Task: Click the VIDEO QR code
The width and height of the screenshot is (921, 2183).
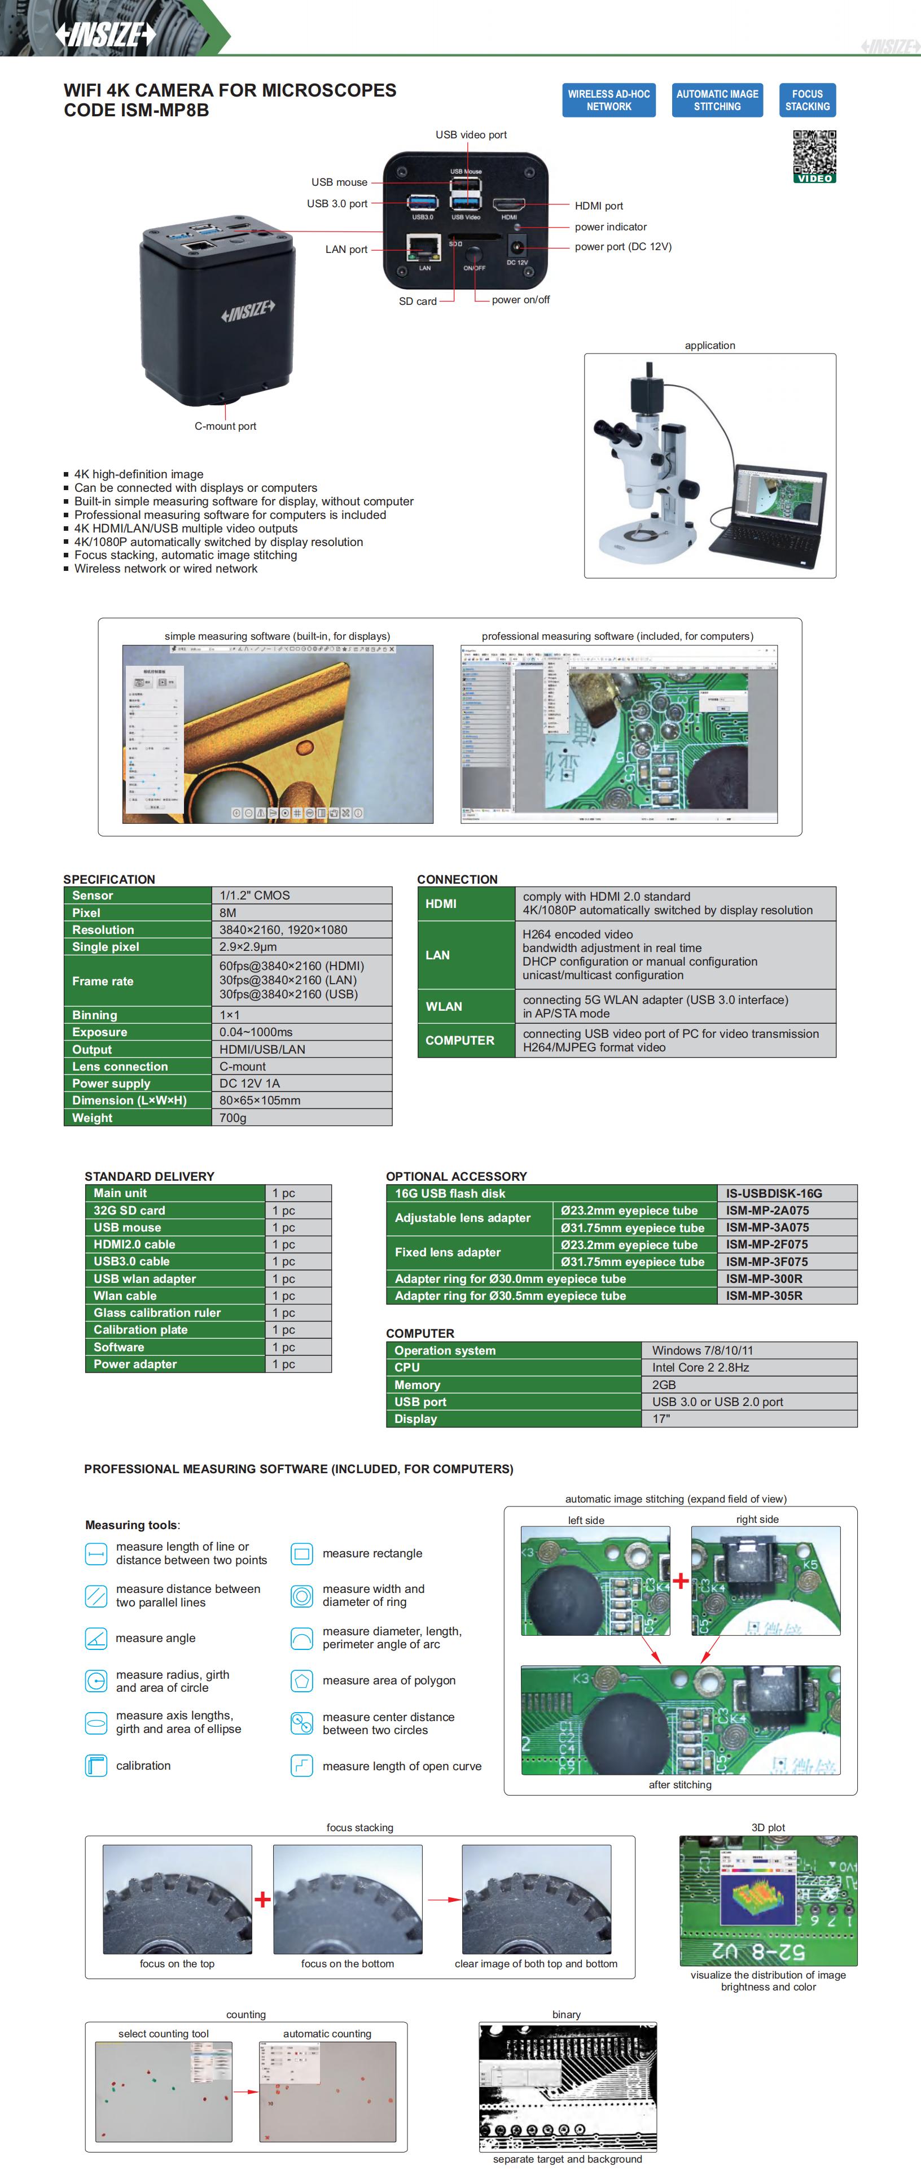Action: pos(814,156)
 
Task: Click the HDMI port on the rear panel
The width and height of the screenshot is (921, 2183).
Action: pos(508,205)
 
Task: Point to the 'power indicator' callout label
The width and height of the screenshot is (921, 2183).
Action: pos(610,227)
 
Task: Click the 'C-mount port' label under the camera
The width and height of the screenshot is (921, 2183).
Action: pos(225,426)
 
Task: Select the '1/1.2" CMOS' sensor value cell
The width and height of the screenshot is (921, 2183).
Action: pos(301,896)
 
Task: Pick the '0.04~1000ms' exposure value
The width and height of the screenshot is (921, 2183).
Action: pos(301,1032)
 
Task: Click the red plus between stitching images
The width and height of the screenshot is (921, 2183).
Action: pos(681,1581)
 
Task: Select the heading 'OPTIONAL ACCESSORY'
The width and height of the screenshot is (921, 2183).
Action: pos(456,1176)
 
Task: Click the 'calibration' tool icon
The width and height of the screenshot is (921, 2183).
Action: pos(97,1766)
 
